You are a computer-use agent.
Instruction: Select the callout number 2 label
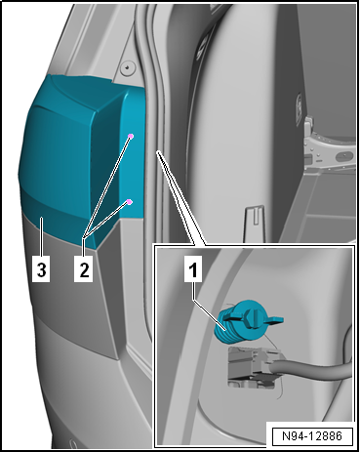[84, 269]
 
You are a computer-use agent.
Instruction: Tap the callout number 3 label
[41, 269]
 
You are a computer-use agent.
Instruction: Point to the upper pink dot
[131, 136]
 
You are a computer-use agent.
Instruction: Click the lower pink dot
[129, 202]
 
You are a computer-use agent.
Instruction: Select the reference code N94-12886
[312, 435]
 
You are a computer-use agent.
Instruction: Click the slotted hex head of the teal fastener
[251, 316]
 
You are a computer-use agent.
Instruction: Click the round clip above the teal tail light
[127, 68]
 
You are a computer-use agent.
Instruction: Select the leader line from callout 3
[42, 237]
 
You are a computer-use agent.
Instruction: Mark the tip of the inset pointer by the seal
[158, 151]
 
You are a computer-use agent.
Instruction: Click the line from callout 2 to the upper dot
[107, 187]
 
